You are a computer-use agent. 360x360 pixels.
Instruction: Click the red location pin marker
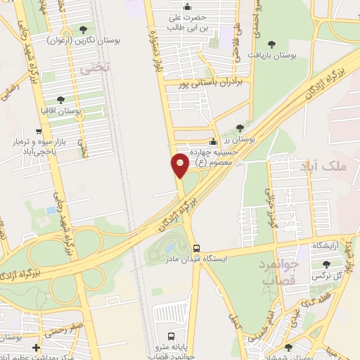[x=179, y=165]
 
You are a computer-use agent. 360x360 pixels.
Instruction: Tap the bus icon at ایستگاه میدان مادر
[x=196, y=249]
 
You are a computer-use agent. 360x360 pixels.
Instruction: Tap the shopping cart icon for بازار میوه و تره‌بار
[x=39, y=131]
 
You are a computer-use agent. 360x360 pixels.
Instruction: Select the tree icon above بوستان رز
[x=240, y=128]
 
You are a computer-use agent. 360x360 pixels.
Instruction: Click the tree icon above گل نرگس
[x=326, y=264]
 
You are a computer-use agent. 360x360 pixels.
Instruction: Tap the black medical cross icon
[x=36, y=347]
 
